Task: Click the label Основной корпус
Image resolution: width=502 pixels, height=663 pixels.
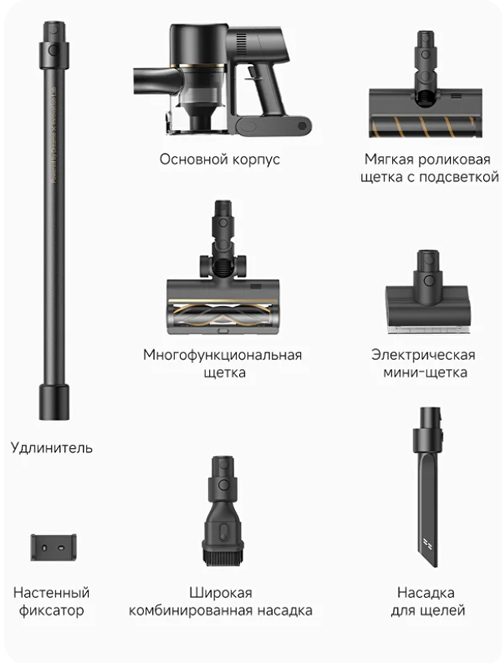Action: pyautogui.click(x=220, y=159)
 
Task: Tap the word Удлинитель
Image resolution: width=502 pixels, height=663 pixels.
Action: pyautogui.click(x=51, y=447)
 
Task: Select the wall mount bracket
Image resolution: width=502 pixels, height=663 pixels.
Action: pyautogui.click(x=53, y=547)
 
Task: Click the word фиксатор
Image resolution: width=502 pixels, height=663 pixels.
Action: pyautogui.click(x=51, y=611)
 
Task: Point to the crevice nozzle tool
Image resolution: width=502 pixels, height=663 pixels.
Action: pyautogui.click(x=428, y=487)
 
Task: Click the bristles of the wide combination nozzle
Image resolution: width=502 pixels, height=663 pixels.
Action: pyautogui.click(x=223, y=558)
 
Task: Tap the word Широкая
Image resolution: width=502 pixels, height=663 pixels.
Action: pyautogui.click(x=220, y=593)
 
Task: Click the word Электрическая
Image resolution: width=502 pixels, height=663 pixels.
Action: pyautogui.click(x=423, y=355)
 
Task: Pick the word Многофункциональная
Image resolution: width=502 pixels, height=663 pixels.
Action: pyautogui.click(x=222, y=355)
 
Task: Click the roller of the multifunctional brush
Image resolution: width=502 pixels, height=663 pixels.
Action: pyautogui.click(x=222, y=316)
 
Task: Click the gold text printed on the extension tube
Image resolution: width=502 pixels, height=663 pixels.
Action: pyautogui.click(x=54, y=134)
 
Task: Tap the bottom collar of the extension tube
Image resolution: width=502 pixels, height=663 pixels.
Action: pyautogui.click(x=55, y=402)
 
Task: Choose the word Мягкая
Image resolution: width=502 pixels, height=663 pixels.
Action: pyautogui.click(x=389, y=159)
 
